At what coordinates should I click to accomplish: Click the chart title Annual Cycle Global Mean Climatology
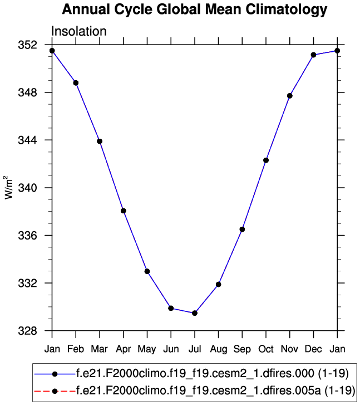pos(195,9)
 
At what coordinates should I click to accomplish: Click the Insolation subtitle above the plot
pos(78,31)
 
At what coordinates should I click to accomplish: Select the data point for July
pos(195,313)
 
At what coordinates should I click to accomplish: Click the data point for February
pos(76,83)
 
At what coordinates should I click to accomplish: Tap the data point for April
pos(124,211)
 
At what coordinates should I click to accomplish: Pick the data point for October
pos(266,160)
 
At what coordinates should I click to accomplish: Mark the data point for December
pos(314,55)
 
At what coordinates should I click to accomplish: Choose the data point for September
pos(242,229)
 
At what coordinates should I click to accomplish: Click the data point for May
pos(147,271)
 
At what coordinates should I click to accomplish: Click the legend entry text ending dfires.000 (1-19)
pos(211,373)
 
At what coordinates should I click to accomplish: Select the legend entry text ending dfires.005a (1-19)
pos(214,391)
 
